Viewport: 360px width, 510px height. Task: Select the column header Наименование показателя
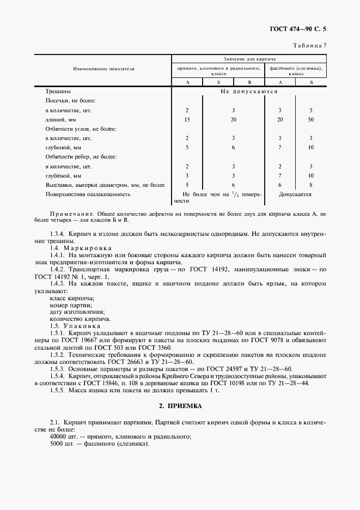point(104,69)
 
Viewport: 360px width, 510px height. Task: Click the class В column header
point(249,82)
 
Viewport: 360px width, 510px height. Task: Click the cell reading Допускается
point(295,193)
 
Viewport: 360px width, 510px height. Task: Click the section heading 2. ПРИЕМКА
point(180,406)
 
